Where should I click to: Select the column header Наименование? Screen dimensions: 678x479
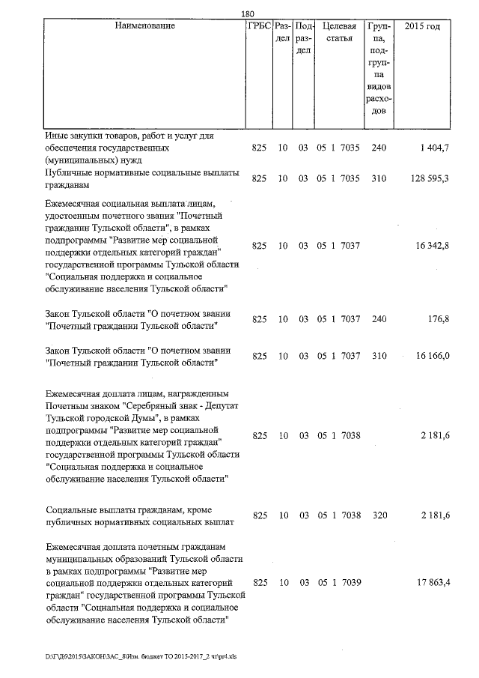coord(145,26)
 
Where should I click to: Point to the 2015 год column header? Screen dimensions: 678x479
coord(422,26)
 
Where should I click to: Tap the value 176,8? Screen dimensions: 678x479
coord(437,318)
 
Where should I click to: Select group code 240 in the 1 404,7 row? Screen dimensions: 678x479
coord(379,148)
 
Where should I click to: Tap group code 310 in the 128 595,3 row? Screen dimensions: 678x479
coord(379,178)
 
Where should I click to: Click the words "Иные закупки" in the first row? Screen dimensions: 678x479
coord(73,136)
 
